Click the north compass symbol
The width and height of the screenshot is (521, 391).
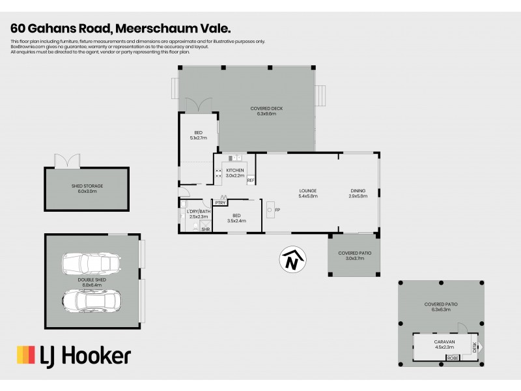(293, 259)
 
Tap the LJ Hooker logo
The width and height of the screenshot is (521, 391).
(73, 355)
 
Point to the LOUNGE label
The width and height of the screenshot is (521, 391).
(307, 191)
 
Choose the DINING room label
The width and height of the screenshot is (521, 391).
(358, 191)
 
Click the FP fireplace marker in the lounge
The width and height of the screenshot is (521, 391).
(277, 210)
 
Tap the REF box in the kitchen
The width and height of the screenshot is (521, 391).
(251, 180)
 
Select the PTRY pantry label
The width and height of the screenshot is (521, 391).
(221, 203)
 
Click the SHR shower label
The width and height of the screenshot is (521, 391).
(205, 229)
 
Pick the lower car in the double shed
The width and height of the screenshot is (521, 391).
(91, 301)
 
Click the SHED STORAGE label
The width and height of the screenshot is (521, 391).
(87, 186)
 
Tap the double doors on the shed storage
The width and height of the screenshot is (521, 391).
(67, 160)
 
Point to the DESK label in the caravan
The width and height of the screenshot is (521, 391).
(474, 347)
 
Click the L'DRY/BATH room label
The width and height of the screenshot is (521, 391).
(198, 212)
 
